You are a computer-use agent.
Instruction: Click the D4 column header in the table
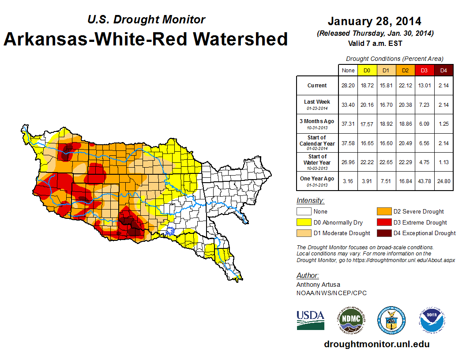443,70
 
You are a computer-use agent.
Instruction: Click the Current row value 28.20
348,86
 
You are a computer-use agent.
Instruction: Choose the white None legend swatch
304,212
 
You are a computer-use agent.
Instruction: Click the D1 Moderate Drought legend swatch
304,233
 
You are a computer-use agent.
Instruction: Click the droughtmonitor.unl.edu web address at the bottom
376,344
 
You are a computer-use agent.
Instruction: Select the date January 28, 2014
374,21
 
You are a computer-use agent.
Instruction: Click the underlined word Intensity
310,201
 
